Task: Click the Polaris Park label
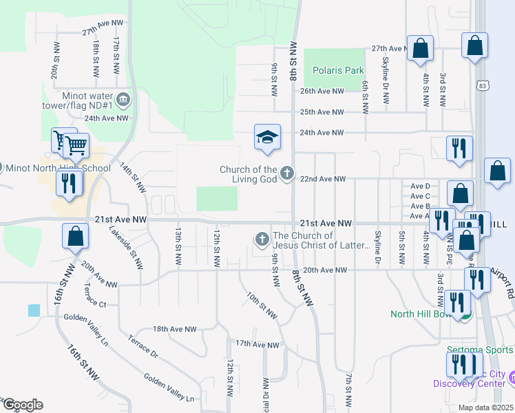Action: coord(337,70)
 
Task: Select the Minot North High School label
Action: coord(58,168)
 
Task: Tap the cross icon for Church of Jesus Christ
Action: coord(261,240)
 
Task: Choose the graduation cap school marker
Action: coord(267,137)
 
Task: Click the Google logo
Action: coord(22,405)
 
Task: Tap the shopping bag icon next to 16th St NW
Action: coord(75,236)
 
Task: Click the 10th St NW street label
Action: coord(262,306)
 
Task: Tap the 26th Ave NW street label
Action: coord(322,91)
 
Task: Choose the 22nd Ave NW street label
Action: coord(323,179)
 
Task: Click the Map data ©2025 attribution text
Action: coord(485,407)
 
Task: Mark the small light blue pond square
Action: coord(34,310)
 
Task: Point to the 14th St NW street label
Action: coord(133,178)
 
